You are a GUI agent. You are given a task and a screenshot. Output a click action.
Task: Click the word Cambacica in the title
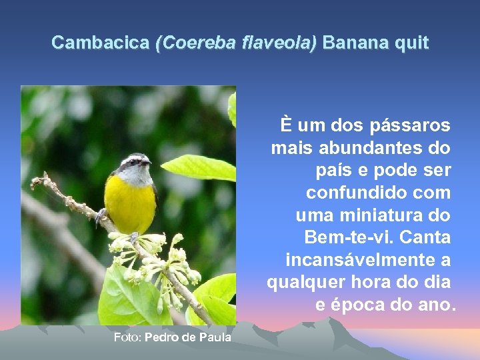point(100,43)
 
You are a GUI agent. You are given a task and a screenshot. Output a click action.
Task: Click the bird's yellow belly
point(130,203)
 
